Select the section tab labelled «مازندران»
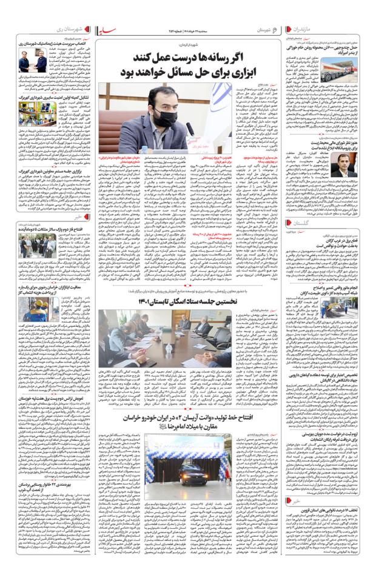pyautogui.click(x=353, y=29)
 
